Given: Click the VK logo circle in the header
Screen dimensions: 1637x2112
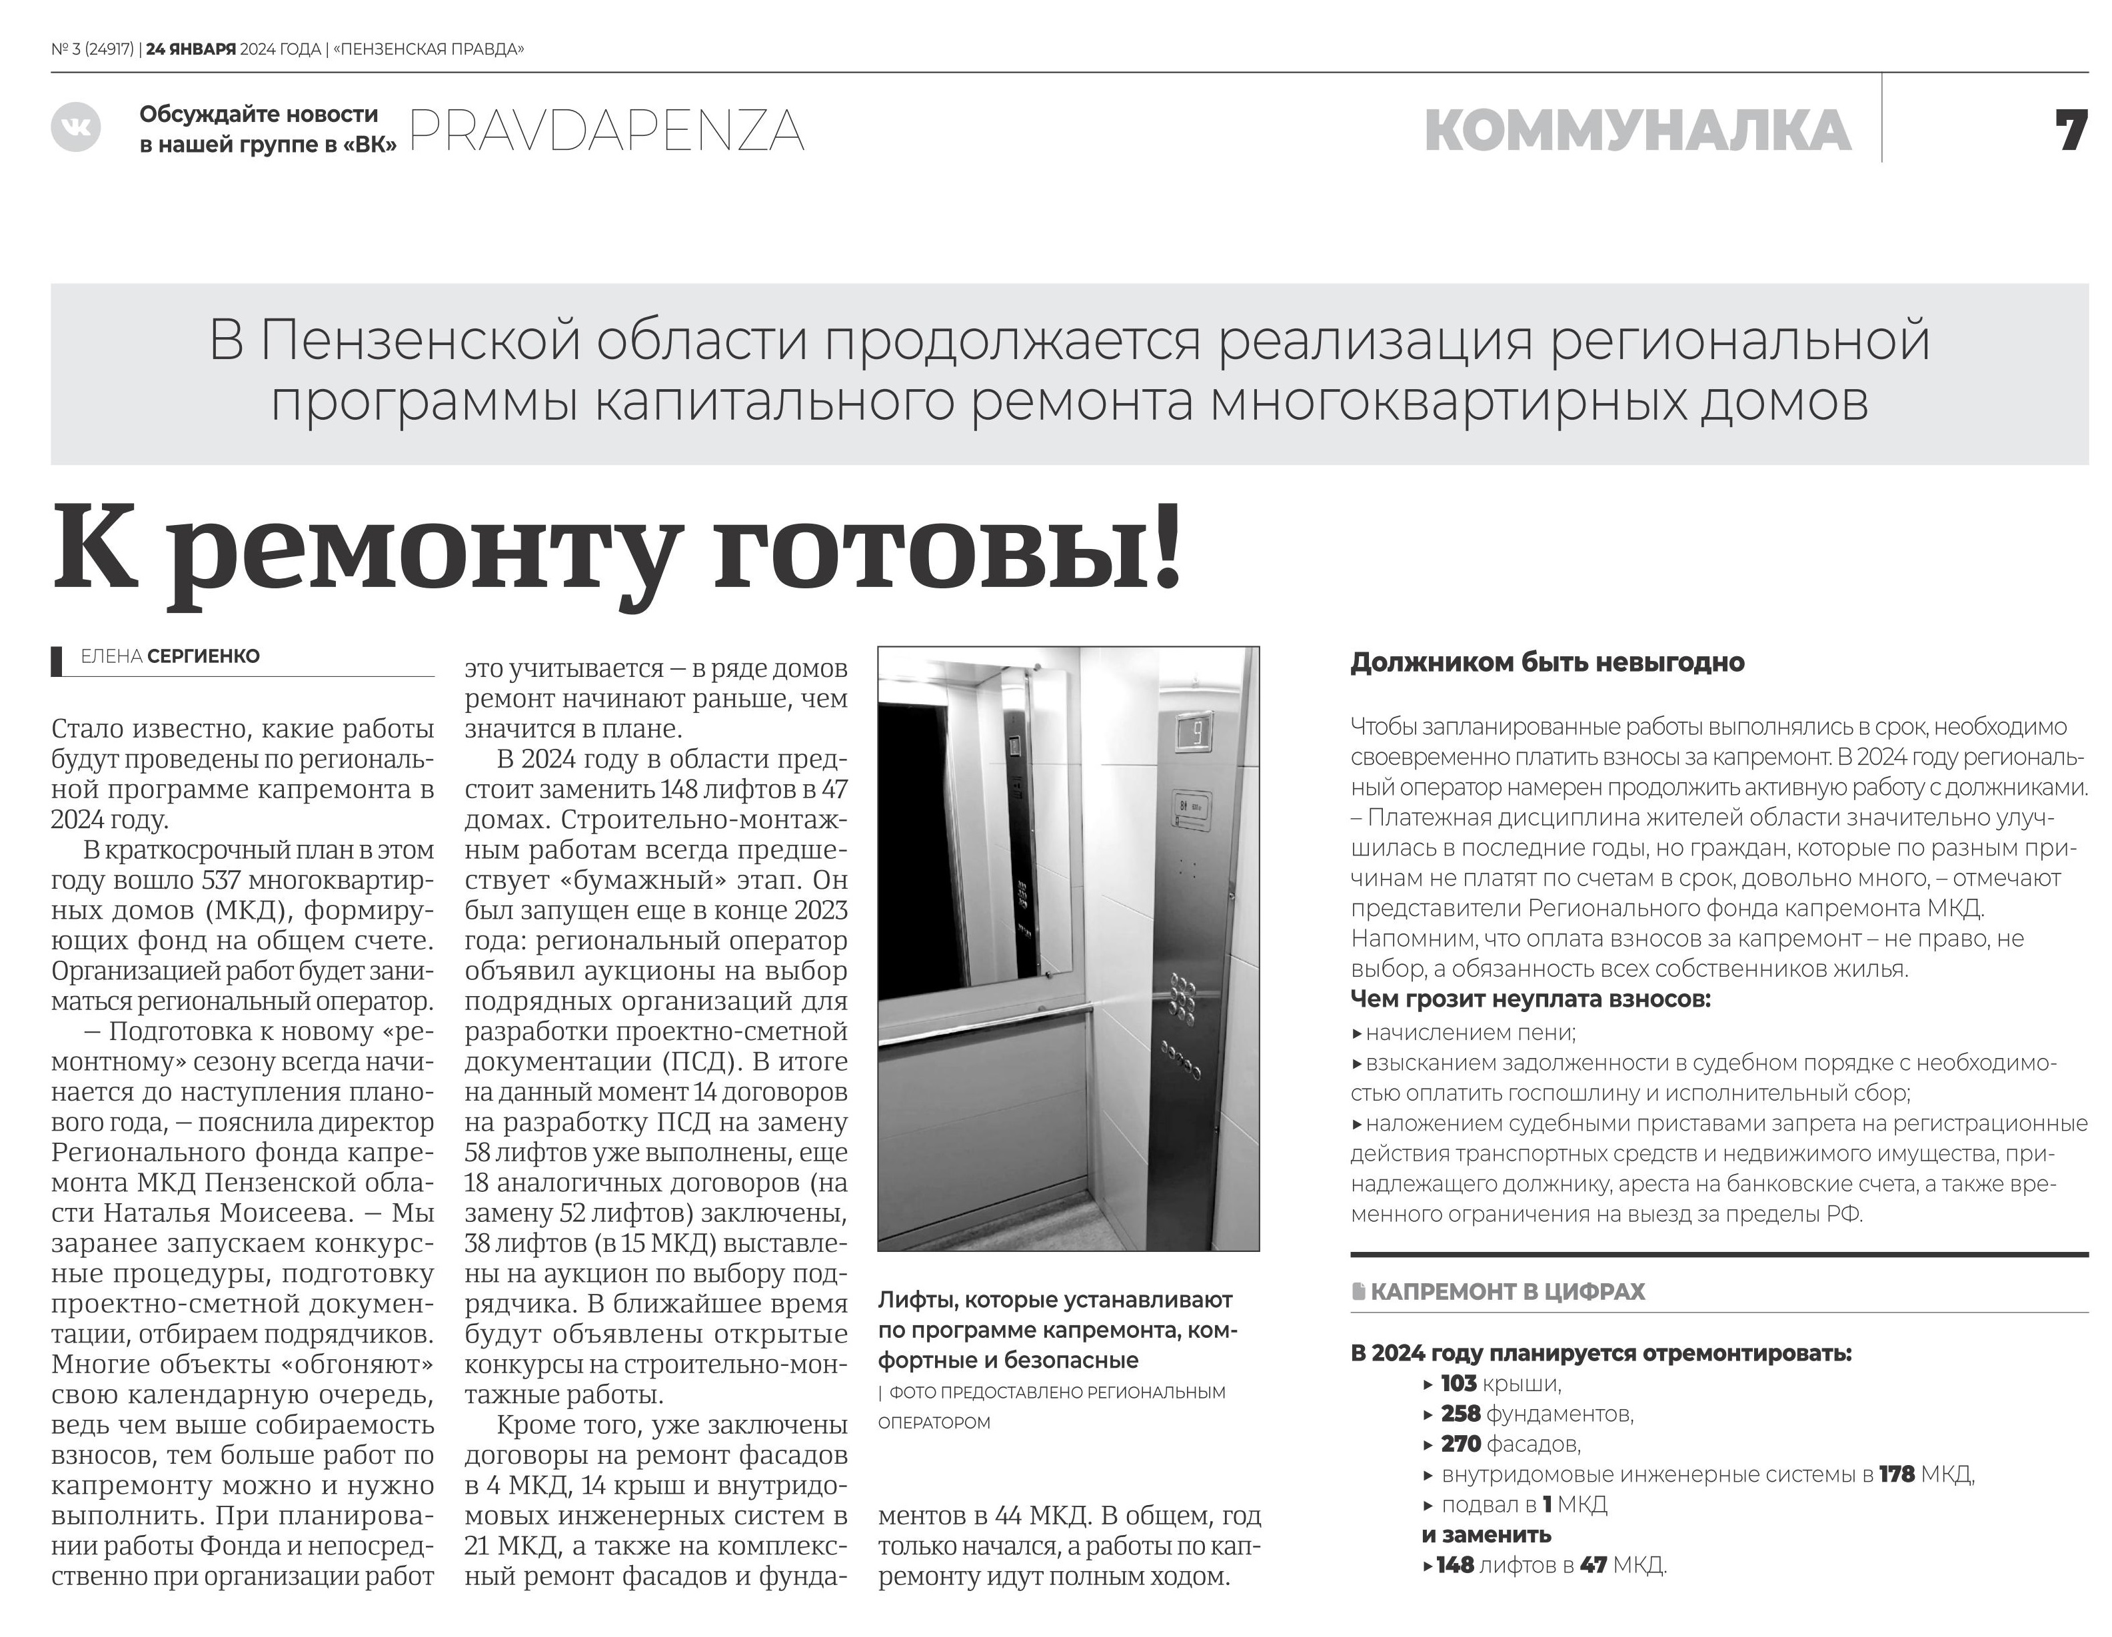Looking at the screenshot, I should coord(75,127).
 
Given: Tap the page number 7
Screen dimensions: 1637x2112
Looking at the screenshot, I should coord(2071,131).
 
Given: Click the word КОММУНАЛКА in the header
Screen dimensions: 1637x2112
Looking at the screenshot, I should coord(1637,131).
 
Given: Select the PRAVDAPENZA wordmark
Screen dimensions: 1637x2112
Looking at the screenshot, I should coord(606,131).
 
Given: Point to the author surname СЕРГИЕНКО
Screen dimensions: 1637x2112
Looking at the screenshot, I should coord(203,656).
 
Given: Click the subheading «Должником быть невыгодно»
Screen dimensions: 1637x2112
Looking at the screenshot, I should coord(1548,664).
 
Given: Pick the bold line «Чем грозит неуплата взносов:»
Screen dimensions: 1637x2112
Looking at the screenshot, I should coord(1530,999).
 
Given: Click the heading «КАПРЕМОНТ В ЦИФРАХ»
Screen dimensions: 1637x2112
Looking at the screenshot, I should coord(1507,1292).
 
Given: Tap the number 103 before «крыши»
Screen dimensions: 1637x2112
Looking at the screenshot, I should coord(1458,1384).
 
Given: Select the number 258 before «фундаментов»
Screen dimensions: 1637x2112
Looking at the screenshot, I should coord(1460,1414).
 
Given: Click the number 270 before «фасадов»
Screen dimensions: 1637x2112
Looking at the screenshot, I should coord(1460,1444).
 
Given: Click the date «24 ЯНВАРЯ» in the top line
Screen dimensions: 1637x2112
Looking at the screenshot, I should coord(191,49).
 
